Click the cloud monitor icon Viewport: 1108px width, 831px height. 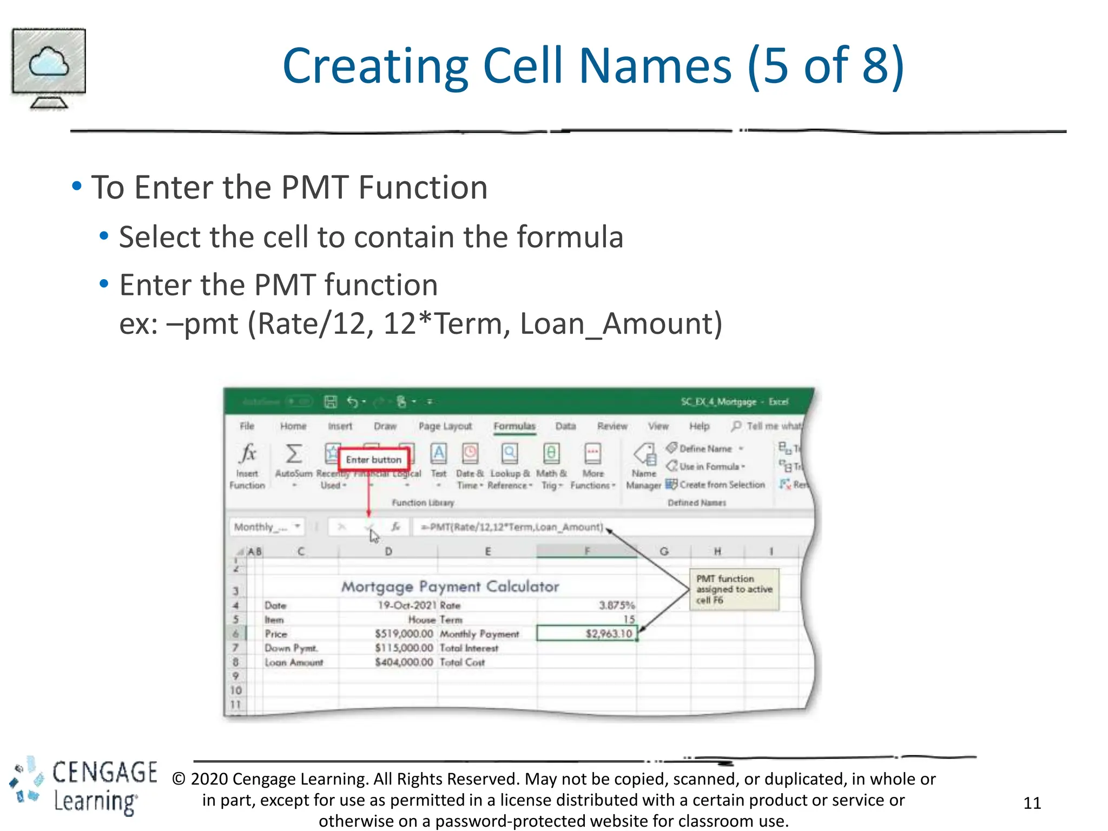49,67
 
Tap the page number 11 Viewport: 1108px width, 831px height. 1032,803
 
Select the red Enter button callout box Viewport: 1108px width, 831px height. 373,459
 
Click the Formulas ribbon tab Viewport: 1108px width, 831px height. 514,426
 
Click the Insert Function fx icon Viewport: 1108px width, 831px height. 248,454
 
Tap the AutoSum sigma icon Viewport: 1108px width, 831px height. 294,454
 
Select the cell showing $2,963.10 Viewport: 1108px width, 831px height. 587,634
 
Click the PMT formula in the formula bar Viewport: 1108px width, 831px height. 511,527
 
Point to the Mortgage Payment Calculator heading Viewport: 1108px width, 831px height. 450,586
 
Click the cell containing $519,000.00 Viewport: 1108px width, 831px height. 404,634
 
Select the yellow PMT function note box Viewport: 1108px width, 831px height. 734,589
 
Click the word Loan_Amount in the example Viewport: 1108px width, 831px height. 621,324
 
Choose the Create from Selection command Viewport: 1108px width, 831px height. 722,485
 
